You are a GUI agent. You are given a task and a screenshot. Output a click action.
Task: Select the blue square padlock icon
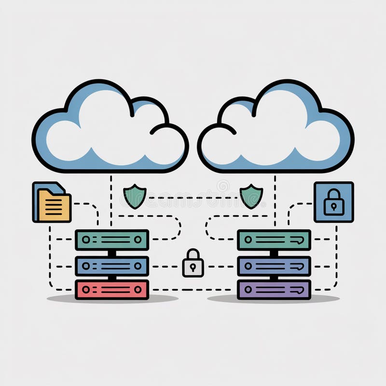click(x=333, y=202)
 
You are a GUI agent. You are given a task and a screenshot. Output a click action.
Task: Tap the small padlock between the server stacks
click(x=193, y=263)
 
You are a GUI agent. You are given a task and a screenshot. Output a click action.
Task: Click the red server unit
click(x=111, y=289)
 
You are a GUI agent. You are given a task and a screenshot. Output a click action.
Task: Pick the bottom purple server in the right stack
click(x=274, y=289)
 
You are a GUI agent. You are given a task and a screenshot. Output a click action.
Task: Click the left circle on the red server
click(x=86, y=289)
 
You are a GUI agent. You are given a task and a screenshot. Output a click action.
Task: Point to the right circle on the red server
click(x=138, y=289)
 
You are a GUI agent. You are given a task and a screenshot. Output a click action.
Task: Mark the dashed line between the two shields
click(x=193, y=197)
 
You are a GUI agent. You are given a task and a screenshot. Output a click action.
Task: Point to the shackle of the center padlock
click(x=193, y=254)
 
